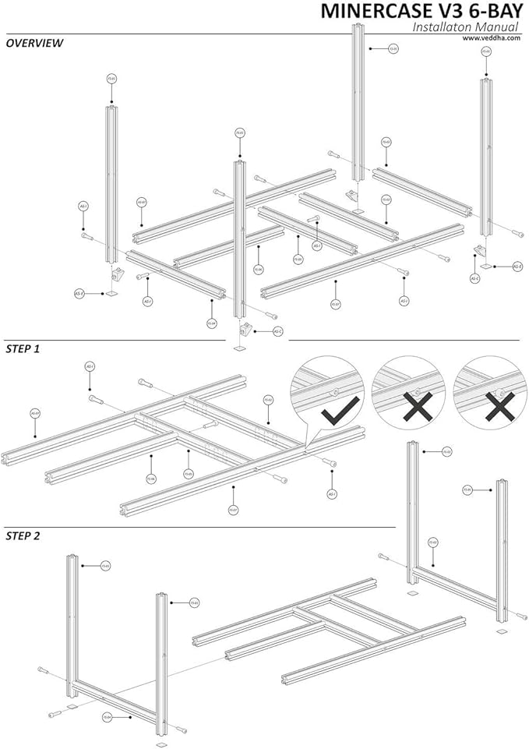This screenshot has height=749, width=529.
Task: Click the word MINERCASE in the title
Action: click(365, 11)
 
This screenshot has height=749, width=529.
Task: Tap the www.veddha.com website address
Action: click(495, 37)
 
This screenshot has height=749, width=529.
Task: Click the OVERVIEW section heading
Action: click(34, 44)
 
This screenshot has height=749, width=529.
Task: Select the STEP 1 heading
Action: click(23, 348)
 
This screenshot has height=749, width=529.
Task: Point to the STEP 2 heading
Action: click(23, 535)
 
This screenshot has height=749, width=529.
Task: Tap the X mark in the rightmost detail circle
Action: click(499, 407)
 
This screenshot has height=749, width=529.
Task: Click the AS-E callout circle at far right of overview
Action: click(517, 266)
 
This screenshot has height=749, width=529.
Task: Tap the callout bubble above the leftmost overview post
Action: click(111, 79)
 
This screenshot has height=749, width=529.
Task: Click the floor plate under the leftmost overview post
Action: click(111, 294)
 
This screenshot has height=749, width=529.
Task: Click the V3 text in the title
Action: click(434, 11)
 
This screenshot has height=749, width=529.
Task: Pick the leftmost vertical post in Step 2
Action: click(72, 624)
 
